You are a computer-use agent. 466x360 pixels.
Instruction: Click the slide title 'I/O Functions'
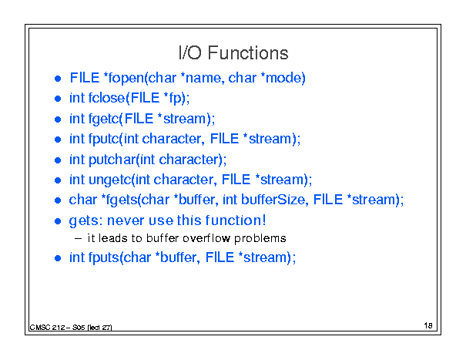tap(233, 53)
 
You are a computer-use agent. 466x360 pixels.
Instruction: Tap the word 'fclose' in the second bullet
tap(107, 98)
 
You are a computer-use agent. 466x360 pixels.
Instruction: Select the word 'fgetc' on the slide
tap(103, 119)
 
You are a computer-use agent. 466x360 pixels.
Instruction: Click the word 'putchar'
tap(112, 160)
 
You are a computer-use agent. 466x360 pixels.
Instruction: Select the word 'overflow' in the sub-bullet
tap(206, 238)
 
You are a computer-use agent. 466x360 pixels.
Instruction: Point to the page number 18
tap(428, 325)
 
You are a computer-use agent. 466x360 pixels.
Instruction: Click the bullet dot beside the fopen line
tap(58, 79)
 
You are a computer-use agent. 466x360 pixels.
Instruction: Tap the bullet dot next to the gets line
tap(58, 221)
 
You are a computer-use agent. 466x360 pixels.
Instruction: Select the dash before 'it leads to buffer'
tap(78, 239)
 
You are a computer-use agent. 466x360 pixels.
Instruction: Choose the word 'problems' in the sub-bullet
tap(260, 239)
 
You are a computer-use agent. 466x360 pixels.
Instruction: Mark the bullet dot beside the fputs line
tap(58, 258)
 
